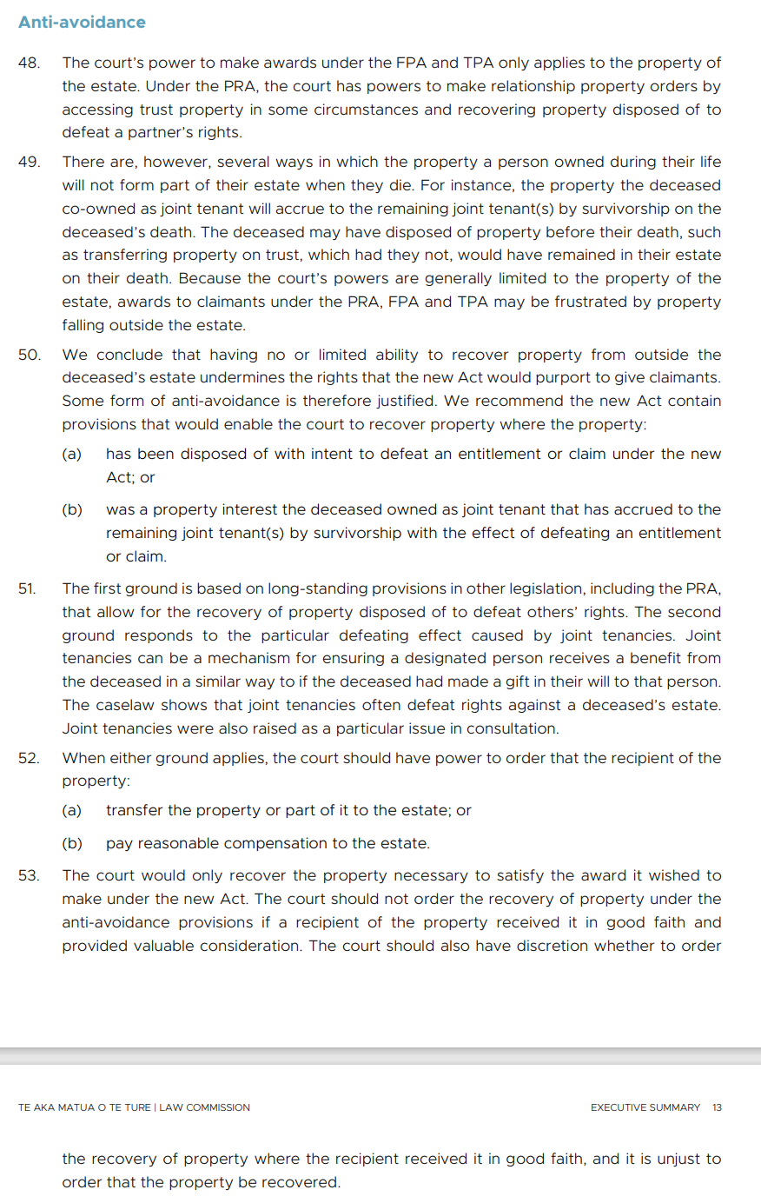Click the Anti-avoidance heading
tap(82, 23)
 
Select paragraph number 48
tap(29, 63)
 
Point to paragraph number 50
tap(29, 355)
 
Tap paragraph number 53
tap(29, 875)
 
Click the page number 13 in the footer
tap(717, 1107)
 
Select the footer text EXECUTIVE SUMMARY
tap(645, 1107)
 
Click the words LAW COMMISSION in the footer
tap(204, 1107)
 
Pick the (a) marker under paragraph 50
tap(71, 454)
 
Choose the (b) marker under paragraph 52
tap(71, 843)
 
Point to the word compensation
tap(285, 843)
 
